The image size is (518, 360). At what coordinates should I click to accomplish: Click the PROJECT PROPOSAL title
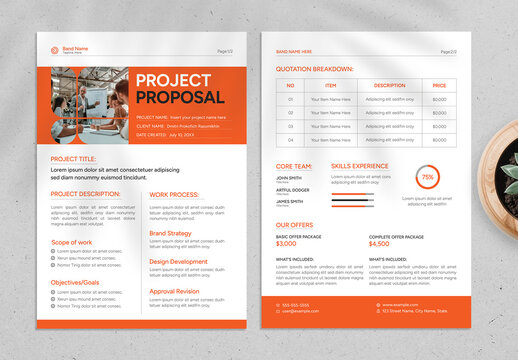180,89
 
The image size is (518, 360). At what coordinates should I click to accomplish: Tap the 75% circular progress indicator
427,177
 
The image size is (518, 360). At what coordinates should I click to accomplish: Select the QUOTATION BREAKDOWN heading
314,69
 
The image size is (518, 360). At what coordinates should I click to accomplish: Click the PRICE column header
440,86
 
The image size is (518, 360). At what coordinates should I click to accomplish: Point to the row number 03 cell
290,127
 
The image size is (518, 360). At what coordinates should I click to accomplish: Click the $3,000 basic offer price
286,243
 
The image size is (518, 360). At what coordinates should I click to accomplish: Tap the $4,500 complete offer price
379,243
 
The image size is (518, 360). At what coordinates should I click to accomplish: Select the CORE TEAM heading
294,165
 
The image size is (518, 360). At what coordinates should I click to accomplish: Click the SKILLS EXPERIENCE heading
360,165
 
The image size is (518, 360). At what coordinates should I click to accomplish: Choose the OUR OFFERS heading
296,225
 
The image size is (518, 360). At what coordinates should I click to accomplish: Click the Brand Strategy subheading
170,233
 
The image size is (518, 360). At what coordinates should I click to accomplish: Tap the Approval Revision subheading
174,291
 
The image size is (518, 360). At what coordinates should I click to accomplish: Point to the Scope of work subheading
71,242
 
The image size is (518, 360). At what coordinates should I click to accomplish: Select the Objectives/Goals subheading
74,282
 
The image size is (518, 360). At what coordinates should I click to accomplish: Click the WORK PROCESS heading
174,194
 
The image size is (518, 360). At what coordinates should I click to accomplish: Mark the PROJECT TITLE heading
73,159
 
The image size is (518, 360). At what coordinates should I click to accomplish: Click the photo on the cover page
89,104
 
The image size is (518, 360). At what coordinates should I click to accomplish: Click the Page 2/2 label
448,51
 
